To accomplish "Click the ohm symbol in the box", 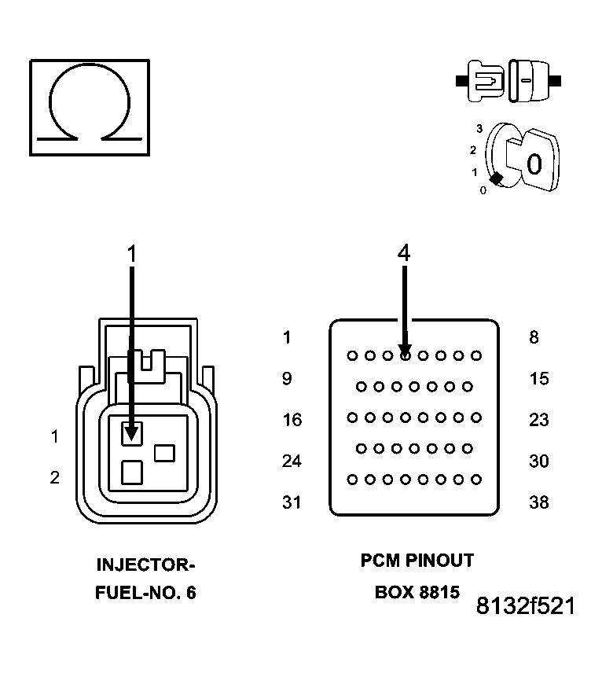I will tap(89, 105).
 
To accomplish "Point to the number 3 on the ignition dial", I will tap(479, 127).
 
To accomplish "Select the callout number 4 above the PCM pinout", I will tap(403, 252).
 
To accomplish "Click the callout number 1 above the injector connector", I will tap(132, 252).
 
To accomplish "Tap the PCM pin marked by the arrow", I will tap(405, 355).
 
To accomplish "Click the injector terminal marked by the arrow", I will tap(132, 432).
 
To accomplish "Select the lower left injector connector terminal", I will tap(132, 472).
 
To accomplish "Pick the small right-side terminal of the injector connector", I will tap(164, 453).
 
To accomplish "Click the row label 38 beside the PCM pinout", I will tap(538, 502).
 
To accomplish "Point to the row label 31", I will tap(292, 502).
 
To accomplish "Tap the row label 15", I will tap(538, 379).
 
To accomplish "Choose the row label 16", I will tap(292, 420).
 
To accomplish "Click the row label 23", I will tap(538, 420).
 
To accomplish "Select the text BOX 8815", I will tap(417, 592).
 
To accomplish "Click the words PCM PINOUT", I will tap(417, 561).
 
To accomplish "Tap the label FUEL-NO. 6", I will tap(145, 592).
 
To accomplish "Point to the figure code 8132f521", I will tap(525, 606).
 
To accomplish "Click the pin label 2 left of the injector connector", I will tap(54, 477).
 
